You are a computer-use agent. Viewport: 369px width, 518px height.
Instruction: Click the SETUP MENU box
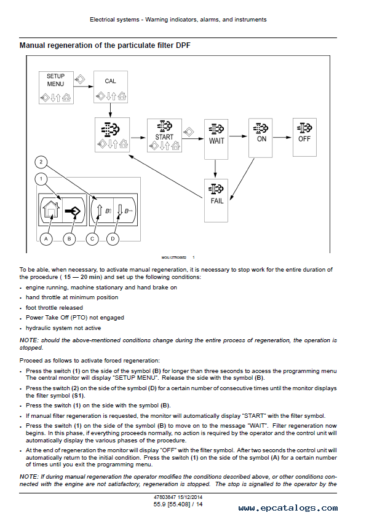(x=56, y=87)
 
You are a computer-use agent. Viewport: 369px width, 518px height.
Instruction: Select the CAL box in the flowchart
(x=111, y=87)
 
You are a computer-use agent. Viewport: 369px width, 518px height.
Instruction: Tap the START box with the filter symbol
(x=164, y=135)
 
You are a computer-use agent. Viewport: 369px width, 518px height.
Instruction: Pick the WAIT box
(x=216, y=139)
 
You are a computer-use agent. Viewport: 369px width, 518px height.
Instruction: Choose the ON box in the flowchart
(x=261, y=138)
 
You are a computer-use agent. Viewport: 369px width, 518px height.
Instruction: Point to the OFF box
(x=304, y=138)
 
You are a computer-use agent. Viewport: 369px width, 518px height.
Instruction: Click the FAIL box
(x=216, y=200)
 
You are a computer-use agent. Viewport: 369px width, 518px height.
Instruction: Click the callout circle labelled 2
(x=41, y=162)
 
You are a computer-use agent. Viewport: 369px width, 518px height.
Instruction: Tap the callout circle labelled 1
(x=41, y=179)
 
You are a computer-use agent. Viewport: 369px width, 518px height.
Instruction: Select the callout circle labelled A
(x=46, y=239)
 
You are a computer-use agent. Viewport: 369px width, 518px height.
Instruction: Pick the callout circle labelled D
(x=113, y=239)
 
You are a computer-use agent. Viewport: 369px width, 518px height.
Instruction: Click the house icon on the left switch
(x=52, y=210)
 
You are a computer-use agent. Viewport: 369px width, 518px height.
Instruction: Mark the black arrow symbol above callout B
(x=73, y=211)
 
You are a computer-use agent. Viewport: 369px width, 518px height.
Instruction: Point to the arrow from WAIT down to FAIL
(x=216, y=169)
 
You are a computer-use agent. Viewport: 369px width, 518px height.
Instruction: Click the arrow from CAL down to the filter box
(x=111, y=110)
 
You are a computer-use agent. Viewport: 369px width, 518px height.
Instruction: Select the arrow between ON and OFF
(x=282, y=138)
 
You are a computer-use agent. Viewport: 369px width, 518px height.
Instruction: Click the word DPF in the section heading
(x=183, y=45)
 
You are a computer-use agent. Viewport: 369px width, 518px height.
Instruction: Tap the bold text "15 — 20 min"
(x=81, y=277)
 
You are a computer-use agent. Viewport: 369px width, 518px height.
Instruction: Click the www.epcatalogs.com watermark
(x=288, y=508)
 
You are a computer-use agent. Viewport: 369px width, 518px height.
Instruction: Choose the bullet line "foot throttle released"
(x=54, y=308)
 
